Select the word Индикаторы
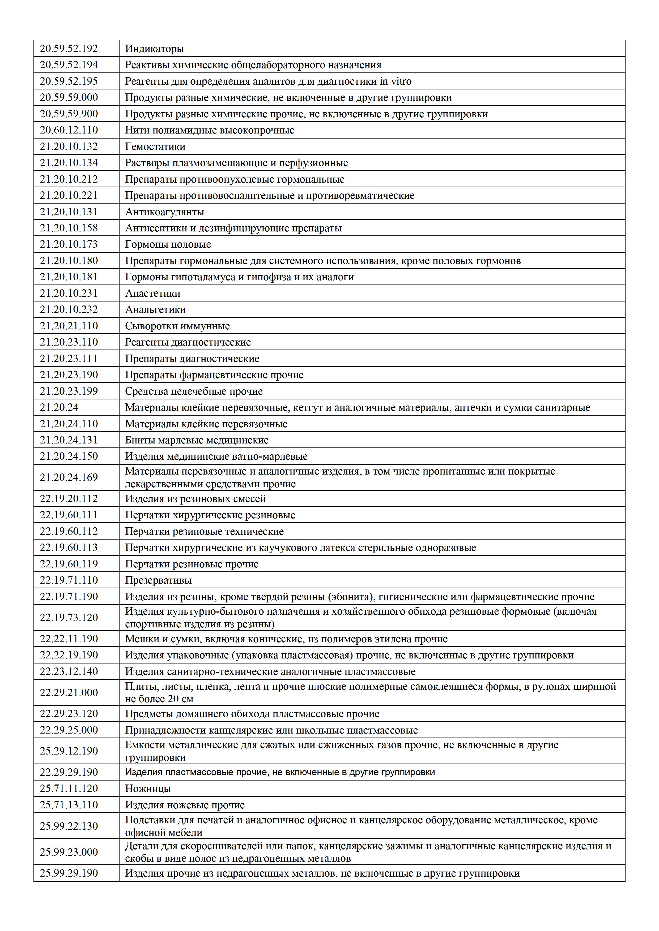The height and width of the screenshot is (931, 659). tap(154, 49)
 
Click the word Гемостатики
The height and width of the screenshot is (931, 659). tap(155, 146)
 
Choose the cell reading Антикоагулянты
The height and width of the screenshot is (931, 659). tap(164, 212)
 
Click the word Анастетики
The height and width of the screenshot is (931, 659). tap(152, 293)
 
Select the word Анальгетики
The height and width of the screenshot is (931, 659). tap(155, 309)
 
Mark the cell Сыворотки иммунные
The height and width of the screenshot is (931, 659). tap(177, 326)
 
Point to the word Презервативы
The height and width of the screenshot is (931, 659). tap(158, 580)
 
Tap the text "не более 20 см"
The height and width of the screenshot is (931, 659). tap(159, 699)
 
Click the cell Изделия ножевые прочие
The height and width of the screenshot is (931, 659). tap(185, 805)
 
